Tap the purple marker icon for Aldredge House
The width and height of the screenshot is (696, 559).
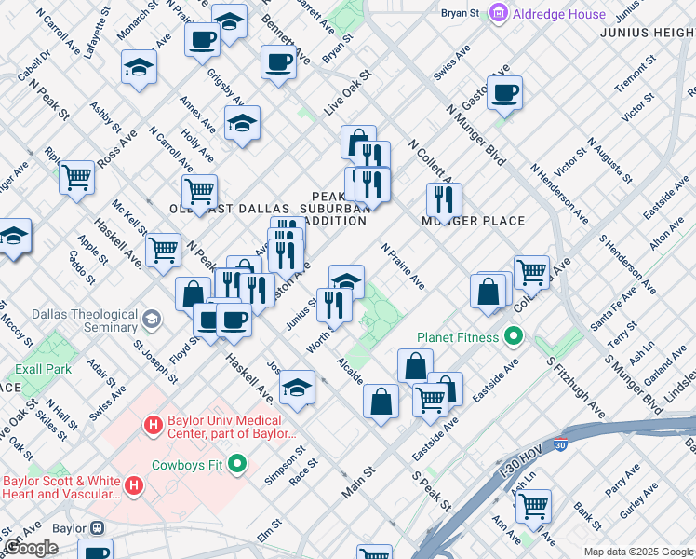(500, 13)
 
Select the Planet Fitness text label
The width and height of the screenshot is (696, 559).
(458, 336)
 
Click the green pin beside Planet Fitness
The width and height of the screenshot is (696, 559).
(512, 335)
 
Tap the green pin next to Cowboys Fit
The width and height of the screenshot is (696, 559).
(238, 462)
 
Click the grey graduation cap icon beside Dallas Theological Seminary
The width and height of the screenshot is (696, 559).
(149, 321)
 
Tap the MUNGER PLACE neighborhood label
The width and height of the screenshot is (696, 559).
(474, 221)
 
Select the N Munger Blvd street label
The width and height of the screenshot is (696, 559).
(475, 135)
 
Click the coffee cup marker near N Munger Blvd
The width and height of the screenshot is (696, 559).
(504, 92)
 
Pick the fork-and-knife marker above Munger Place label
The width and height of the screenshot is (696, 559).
(444, 198)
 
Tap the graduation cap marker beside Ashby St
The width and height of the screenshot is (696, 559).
(139, 68)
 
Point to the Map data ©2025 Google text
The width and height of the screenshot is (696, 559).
(638, 552)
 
